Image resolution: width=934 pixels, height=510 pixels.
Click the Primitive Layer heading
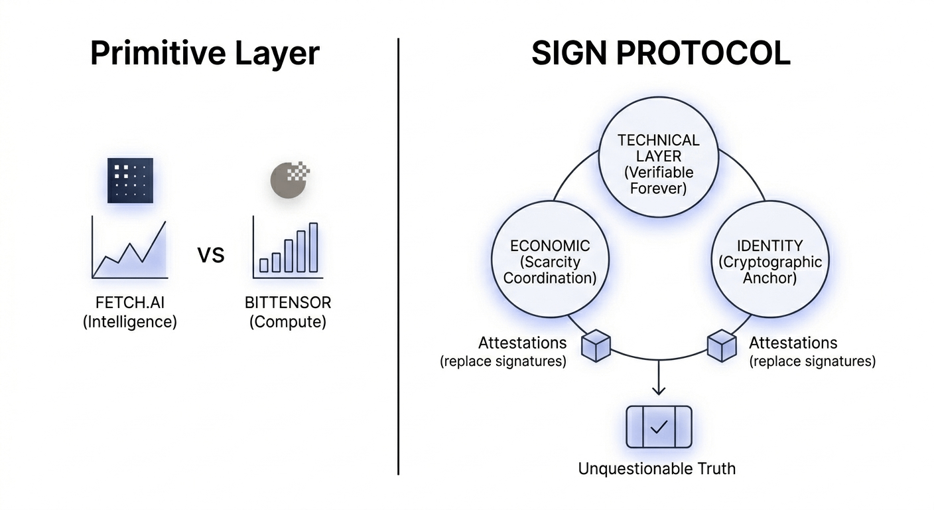204,53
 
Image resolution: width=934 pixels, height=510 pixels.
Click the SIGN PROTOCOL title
661,53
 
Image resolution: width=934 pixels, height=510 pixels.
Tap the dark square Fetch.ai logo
131,180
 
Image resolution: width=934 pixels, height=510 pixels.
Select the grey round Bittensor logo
289,179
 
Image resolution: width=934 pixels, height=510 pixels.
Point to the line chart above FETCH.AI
130,249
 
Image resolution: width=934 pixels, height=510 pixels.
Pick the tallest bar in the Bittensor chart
313,247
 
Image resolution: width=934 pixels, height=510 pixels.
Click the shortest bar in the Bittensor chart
263,265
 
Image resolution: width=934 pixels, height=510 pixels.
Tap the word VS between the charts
211,254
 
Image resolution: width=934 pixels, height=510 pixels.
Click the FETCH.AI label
130,303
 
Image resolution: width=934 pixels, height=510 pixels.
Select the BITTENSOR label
288,303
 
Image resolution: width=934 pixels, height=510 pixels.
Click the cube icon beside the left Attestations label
595,346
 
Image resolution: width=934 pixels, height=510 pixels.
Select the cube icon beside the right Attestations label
722,346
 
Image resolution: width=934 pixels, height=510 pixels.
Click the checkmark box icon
659,427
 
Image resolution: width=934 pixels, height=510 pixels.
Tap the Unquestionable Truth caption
657,469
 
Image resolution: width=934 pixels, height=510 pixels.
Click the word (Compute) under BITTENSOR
288,323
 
